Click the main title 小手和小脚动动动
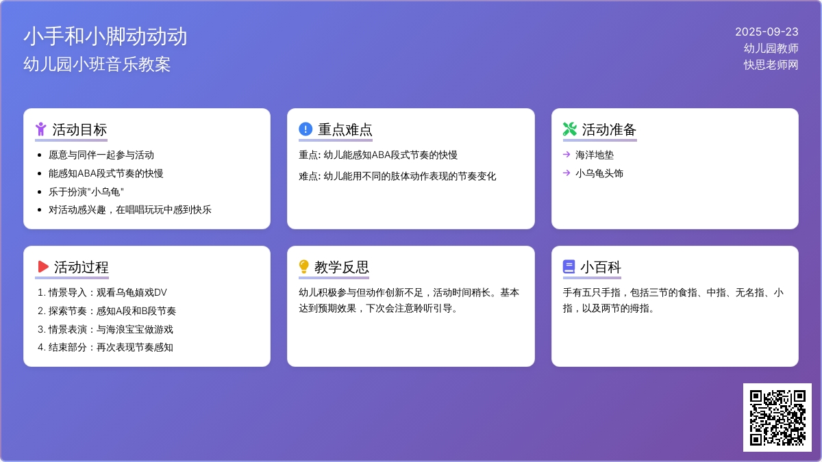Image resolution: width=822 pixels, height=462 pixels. tap(105, 36)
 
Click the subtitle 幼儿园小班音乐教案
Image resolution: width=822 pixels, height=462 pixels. tap(97, 64)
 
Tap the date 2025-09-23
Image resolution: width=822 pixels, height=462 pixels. tap(767, 32)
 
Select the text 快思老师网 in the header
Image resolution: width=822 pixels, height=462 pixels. tap(771, 65)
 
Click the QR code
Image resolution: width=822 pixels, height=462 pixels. tap(777, 418)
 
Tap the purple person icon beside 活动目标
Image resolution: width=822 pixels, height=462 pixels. tap(40, 129)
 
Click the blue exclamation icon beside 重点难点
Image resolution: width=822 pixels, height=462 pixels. tap(306, 129)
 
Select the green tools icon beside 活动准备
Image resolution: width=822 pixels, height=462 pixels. tap(569, 129)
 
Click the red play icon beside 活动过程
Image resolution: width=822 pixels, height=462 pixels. tap(43, 266)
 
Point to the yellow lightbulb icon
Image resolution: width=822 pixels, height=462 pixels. tap(304, 266)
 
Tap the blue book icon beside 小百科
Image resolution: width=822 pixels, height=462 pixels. tap(569, 266)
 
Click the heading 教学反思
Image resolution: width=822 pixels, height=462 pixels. tap(342, 267)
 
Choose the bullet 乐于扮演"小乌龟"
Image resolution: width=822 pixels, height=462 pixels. tap(86, 192)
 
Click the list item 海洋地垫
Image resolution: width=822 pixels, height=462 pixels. tap(595, 155)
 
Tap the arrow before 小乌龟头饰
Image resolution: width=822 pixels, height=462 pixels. tap(566, 172)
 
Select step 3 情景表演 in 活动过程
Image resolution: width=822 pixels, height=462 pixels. tap(105, 329)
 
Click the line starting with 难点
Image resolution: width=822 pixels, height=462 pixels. tap(397, 177)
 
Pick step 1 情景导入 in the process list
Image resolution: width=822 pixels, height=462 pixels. tap(102, 293)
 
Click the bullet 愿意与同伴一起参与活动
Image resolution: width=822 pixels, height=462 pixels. tap(101, 155)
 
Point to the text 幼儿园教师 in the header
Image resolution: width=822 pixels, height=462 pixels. tap(771, 49)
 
